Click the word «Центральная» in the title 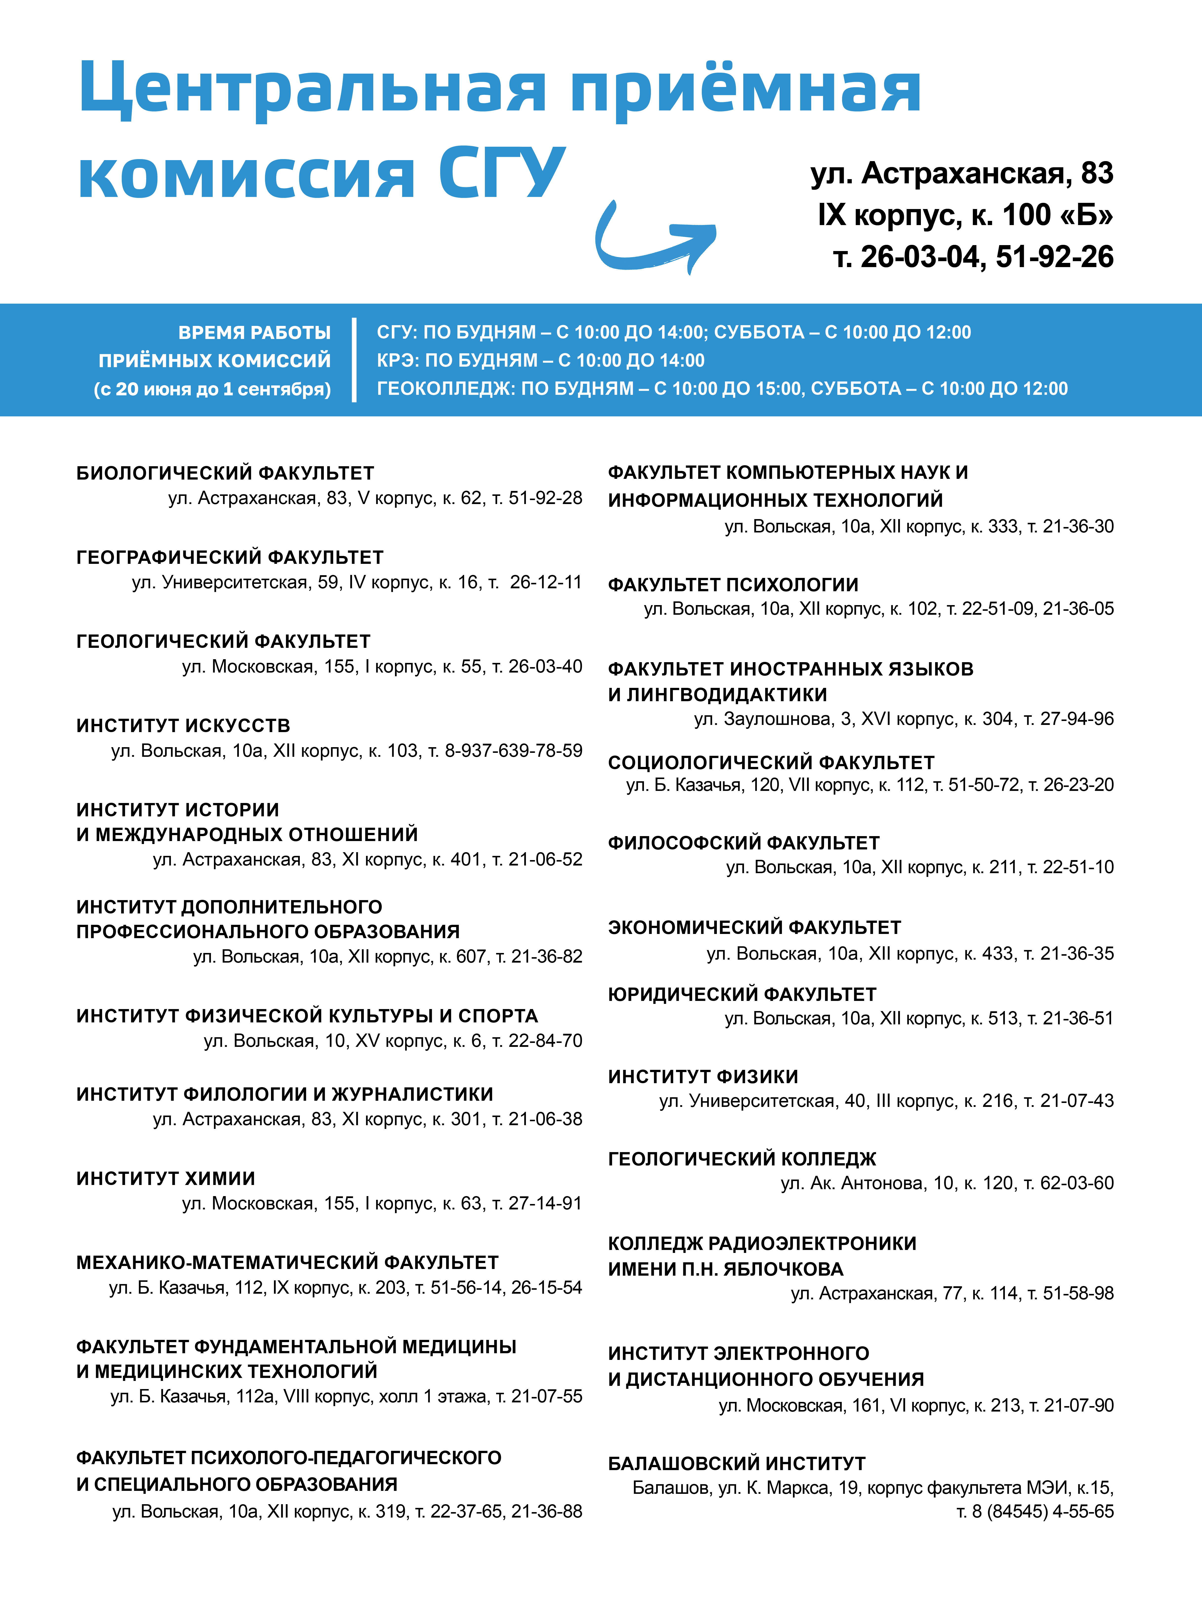[312, 88]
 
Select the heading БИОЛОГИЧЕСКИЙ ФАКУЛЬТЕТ [225, 473]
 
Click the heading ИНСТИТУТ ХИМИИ [166, 1178]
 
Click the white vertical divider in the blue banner [354, 360]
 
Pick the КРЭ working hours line [540, 361]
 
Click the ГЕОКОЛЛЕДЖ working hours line [722, 389]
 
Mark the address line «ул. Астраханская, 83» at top [962, 173]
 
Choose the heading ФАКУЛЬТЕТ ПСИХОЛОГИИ [733, 585]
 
